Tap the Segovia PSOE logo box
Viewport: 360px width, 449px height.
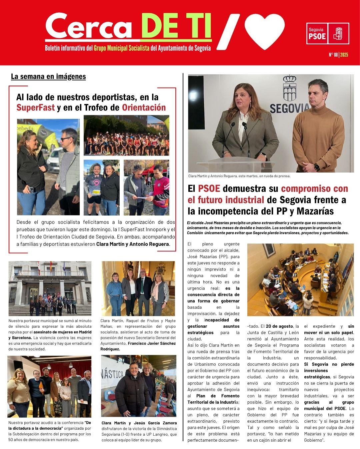point(327,33)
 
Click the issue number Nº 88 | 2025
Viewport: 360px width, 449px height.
point(338,55)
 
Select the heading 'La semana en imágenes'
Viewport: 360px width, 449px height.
point(48,77)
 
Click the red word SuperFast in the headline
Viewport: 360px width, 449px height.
point(35,108)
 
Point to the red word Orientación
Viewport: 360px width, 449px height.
point(144,108)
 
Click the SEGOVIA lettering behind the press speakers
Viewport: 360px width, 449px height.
point(289,109)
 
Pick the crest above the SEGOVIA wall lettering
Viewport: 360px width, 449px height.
point(290,88)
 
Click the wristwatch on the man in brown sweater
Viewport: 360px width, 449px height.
point(317,167)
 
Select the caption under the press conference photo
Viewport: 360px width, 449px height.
point(239,176)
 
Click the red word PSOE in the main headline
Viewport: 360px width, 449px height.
point(209,189)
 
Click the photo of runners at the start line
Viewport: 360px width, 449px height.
point(126,135)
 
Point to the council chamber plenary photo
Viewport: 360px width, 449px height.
point(300,280)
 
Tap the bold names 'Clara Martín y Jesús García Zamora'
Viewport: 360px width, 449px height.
point(139,423)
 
